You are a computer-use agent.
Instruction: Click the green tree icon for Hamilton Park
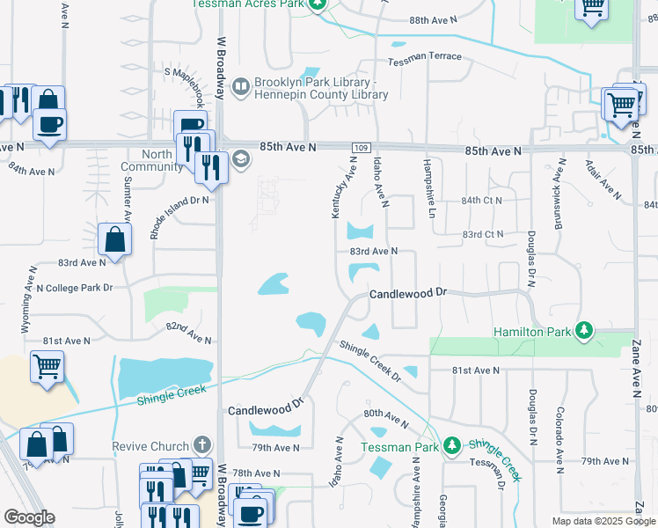pos(583,331)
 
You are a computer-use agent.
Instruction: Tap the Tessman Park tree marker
pos(452,445)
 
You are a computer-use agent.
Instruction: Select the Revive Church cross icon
pos(202,445)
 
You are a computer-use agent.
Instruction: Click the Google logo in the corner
pos(29,517)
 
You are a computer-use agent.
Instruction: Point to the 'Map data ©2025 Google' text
pos(604,521)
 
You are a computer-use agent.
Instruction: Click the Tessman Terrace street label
pos(425,56)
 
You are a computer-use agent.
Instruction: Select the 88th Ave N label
pos(435,19)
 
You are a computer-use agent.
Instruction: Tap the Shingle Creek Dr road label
pos(369,361)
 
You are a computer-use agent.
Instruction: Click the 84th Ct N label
pos(482,201)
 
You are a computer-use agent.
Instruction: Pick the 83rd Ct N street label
pos(482,234)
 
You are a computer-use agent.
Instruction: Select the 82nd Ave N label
pos(188,333)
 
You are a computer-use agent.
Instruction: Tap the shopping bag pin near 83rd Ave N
pos(115,239)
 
